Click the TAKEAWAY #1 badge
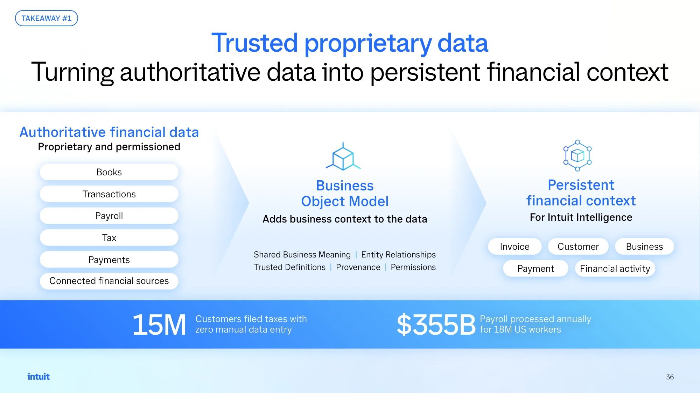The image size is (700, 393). point(47,18)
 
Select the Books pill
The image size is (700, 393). point(109,172)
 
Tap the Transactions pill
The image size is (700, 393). point(109,194)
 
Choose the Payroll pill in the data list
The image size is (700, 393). point(109,216)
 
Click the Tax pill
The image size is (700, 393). point(109,238)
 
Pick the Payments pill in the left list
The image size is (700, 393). point(109,260)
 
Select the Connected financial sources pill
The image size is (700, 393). point(109,281)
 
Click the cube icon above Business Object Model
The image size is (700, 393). point(343,156)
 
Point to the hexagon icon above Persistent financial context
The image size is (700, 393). point(577,155)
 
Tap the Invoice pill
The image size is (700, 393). point(515,247)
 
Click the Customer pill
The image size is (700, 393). point(578,247)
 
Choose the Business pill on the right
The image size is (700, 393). point(644,247)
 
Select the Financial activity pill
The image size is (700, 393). point(615,269)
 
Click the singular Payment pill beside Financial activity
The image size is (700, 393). point(535,269)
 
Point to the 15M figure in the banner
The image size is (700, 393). point(159,325)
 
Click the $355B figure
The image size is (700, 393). point(436,325)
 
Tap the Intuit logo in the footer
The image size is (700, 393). point(38,377)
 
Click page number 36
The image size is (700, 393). point(670,377)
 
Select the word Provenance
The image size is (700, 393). point(358,267)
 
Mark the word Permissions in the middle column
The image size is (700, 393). point(413,267)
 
